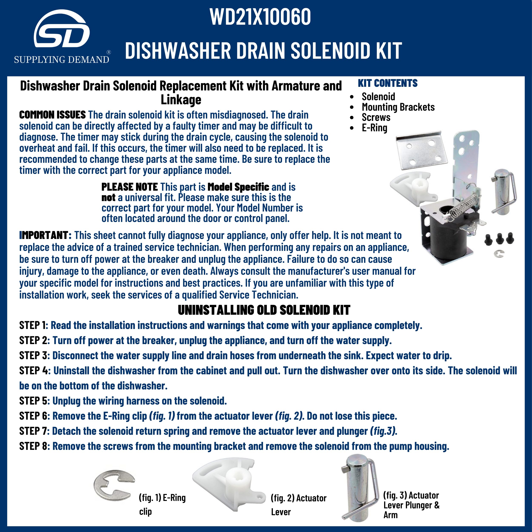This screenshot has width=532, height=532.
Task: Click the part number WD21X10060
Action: coord(260,17)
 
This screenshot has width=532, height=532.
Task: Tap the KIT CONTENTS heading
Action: coord(388,83)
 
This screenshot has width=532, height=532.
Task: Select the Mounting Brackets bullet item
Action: coord(398,107)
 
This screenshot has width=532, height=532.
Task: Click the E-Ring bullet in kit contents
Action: coord(374,128)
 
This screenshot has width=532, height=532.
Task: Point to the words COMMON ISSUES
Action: coord(52,115)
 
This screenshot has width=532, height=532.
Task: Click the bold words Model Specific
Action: coord(238,187)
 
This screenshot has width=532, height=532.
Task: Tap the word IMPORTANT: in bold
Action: coord(46,235)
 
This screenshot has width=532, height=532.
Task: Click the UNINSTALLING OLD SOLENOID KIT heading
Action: coord(264,310)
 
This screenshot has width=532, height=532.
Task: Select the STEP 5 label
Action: coord(33,401)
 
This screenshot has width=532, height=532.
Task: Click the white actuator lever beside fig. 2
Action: coord(229,485)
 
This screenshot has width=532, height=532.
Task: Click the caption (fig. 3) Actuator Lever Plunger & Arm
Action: coord(411,505)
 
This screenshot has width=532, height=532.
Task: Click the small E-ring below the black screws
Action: coord(499,254)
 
